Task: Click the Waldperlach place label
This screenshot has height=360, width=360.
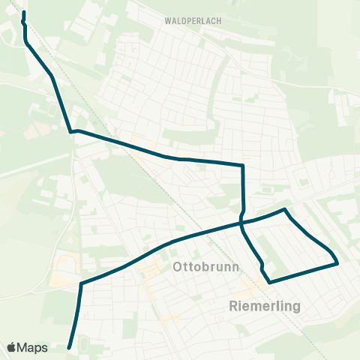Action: pos(192,21)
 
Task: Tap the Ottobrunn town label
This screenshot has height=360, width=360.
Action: pos(205,267)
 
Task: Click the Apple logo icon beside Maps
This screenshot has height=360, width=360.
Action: pos(12,348)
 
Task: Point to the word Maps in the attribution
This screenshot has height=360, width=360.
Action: pos(33,348)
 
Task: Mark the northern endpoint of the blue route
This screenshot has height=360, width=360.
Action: pos(24,13)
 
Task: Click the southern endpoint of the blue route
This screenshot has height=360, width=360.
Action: pos(69,347)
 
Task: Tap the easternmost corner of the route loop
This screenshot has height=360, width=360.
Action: pos(337,263)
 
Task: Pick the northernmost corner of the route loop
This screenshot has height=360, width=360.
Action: pos(285,209)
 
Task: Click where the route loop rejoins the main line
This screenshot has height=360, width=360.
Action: pos(241,222)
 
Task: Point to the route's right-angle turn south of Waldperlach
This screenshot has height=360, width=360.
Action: pos(243,165)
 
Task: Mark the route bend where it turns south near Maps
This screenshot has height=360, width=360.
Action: pos(80,283)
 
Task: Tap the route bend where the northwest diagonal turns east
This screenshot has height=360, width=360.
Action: pos(72,132)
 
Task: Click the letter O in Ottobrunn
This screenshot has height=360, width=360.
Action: pos(178,267)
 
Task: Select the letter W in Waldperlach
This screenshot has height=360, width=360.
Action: pos(167,21)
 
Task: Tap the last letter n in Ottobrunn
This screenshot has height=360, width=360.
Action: pos(235,267)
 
